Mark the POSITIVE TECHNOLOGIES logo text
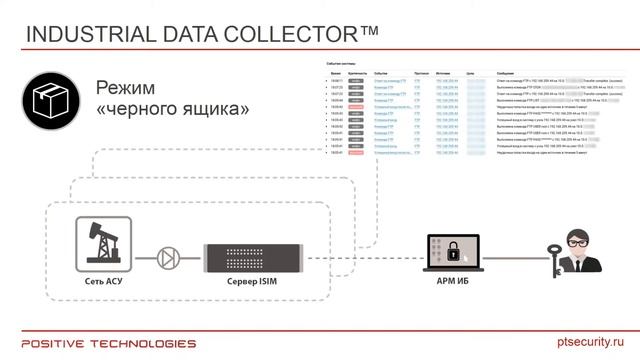(x=103, y=341)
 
